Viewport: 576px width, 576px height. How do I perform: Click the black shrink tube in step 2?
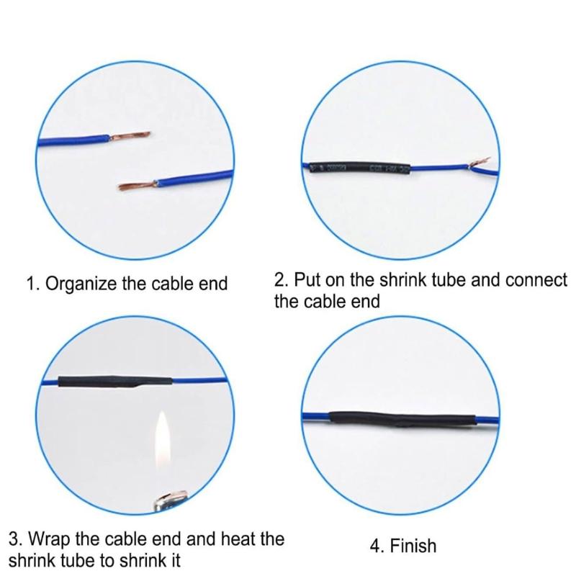click(357, 170)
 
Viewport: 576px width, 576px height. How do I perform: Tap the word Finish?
click(414, 546)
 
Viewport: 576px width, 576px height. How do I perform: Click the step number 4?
click(375, 546)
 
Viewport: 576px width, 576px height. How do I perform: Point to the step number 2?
click(280, 279)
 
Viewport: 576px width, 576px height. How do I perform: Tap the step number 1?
click(31, 283)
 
